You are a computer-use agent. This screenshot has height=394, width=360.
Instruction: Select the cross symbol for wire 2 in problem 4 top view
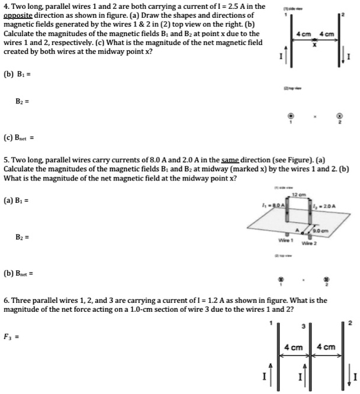pos(339,116)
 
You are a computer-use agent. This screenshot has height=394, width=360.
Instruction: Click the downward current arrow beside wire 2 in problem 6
pos(345,374)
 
